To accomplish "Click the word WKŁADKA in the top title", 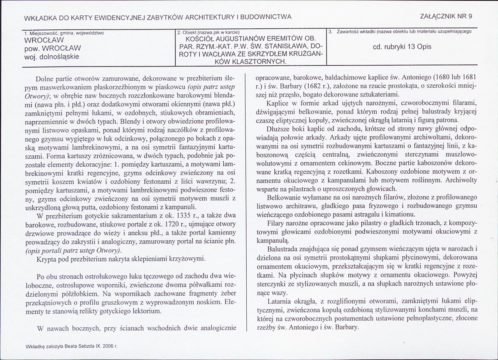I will [x=39, y=17].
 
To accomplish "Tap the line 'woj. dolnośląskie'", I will [x=52, y=56].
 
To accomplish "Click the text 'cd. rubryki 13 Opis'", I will [x=402, y=47].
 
